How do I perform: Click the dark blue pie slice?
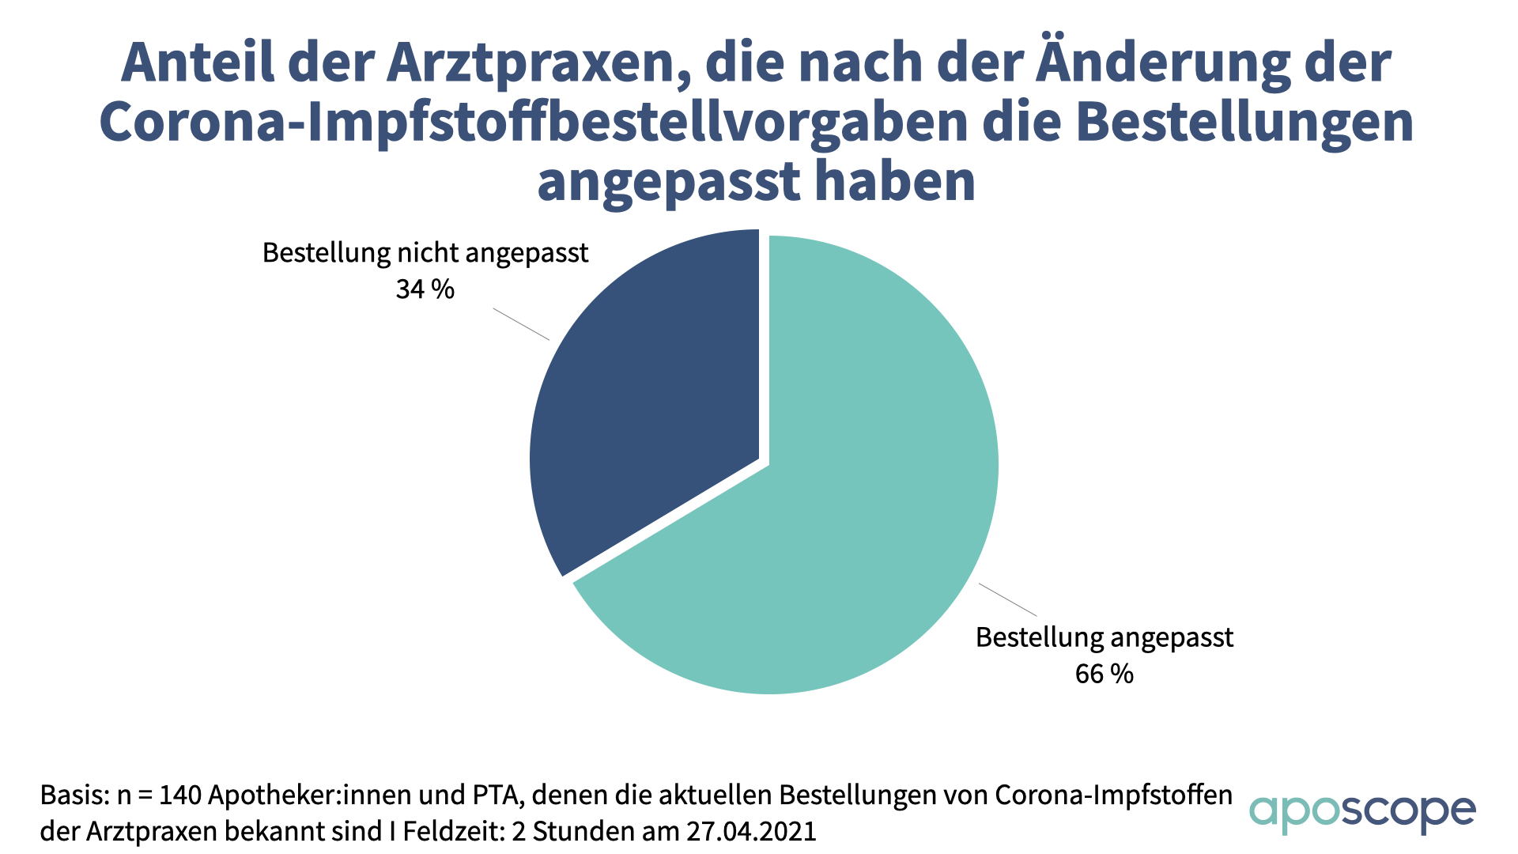coord(648,411)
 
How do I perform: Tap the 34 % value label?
coord(425,289)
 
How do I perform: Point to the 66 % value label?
coord(1104,674)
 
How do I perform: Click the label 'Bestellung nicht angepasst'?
coord(425,253)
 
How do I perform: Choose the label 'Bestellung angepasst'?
coord(1104,637)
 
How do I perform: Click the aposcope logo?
coord(1361,813)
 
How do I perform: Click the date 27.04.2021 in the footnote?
coord(751,832)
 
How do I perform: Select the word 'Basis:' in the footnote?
coord(74,795)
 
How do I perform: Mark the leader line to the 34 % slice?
coord(521,324)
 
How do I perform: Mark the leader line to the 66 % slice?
coord(1008,599)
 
